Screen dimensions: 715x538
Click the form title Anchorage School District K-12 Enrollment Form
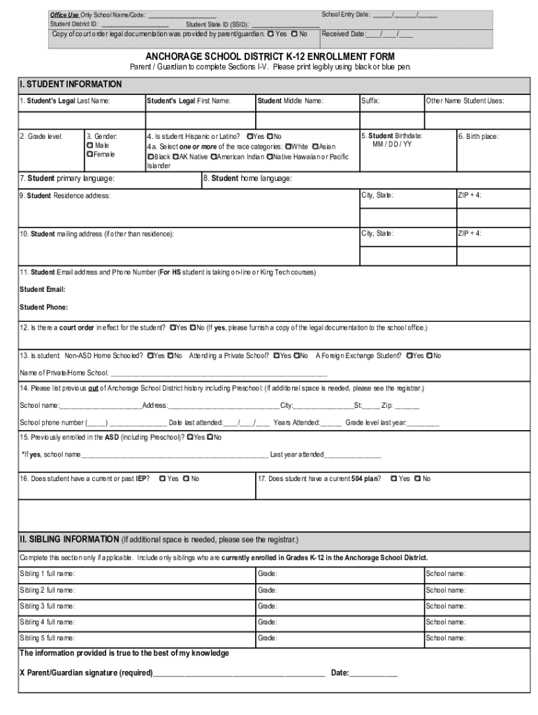(270, 56)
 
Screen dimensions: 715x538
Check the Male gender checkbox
(90, 145)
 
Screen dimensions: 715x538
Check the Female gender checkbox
(90, 154)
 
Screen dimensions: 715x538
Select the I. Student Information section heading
(71, 84)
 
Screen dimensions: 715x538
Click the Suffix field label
(370, 101)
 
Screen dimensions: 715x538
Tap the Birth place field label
(479, 137)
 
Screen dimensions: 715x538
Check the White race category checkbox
(286, 147)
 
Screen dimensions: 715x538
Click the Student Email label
(43, 289)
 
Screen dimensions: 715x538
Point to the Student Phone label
(44, 307)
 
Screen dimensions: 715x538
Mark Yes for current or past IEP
(162, 478)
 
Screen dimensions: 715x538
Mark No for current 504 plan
(417, 478)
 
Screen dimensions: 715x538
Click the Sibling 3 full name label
(48, 606)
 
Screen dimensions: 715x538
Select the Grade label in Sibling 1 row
(268, 574)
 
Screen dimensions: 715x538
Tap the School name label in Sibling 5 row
(446, 637)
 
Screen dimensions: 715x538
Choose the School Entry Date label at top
(346, 14)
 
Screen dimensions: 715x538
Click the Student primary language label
(68, 179)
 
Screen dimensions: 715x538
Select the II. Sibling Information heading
(69, 539)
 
